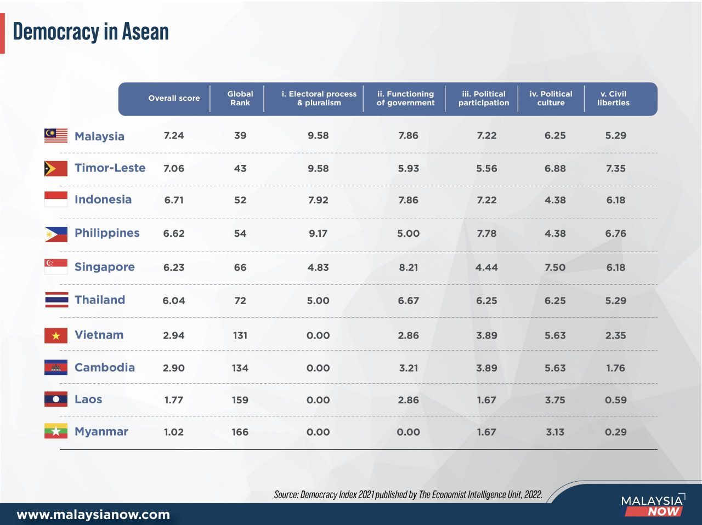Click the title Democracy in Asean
[x=90, y=32]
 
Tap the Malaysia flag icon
[x=56, y=136]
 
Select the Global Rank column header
[x=240, y=99]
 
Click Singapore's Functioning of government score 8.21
[x=408, y=267]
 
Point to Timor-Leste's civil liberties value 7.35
[x=615, y=168]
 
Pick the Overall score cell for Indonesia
[x=174, y=200]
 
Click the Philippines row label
[x=107, y=233]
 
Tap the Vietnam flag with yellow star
[x=56, y=335]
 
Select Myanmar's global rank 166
[x=240, y=432]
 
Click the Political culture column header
[x=551, y=99]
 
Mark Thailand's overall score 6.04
[x=174, y=300]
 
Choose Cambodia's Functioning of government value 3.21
[x=408, y=368]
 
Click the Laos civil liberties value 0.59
[x=615, y=400]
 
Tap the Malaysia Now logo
[x=653, y=505]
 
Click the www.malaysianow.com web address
[x=93, y=515]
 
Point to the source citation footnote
[x=408, y=494]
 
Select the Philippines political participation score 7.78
[x=486, y=233]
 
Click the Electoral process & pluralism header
[x=319, y=99]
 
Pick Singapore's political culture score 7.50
[x=554, y=267]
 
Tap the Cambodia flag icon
[x=56, y=368]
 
